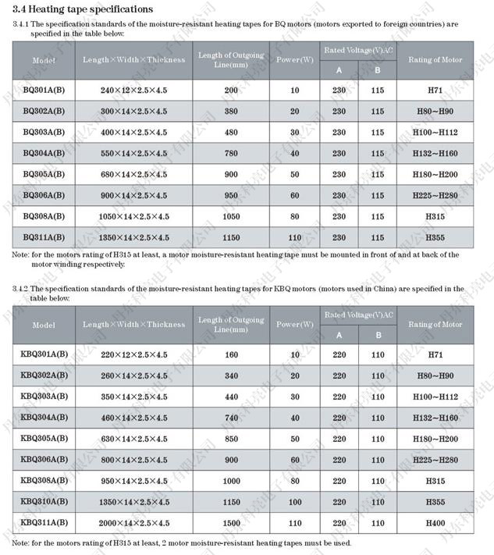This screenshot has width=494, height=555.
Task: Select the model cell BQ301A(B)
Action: (x=44, y=91)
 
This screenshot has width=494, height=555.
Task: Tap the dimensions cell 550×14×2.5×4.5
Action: (x=133, y=153)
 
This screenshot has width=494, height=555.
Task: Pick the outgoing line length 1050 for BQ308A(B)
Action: (x=231, y=215)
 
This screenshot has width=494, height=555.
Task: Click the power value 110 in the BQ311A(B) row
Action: (x=294, y=237)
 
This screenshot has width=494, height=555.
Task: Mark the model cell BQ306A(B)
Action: (x=44, y=195)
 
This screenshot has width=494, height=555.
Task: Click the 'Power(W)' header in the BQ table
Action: (x=294, y=60)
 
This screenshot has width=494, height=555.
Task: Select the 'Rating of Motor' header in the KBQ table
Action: (x=435, y=325)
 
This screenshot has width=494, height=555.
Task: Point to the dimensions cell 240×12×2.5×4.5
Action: (x=133, y=91)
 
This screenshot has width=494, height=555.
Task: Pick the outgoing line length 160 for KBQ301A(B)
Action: (x=231, y=354)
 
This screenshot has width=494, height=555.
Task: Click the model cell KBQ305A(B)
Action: (x=44, y=439)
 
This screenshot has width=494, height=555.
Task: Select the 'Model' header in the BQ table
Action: (x=44, y=60)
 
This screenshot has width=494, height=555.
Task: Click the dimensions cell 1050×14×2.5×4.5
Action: (x=133, y=215)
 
